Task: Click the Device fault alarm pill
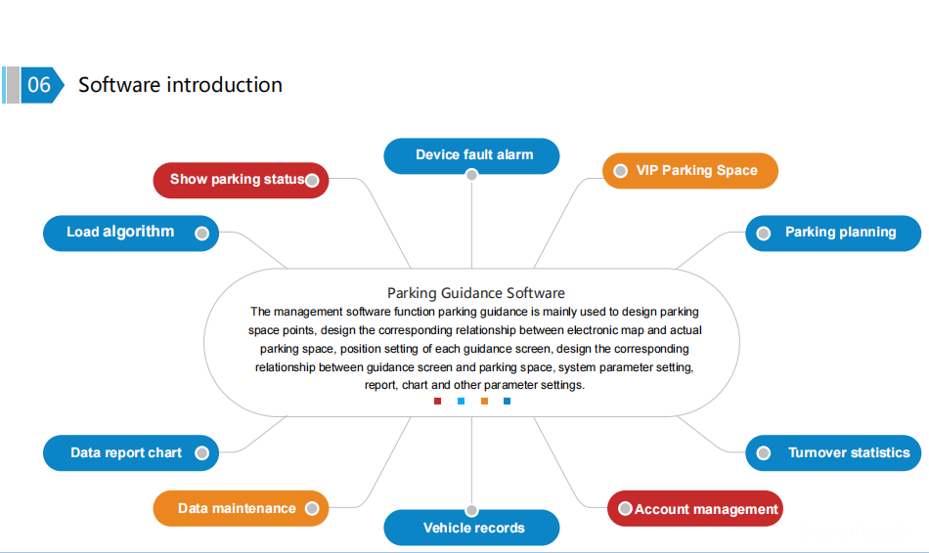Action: click(471, 155)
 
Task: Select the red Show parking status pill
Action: click(241, 180)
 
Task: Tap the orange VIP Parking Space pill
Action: click(690, 171)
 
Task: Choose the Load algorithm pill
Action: click(131, 233)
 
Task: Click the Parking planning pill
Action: click(833, 233)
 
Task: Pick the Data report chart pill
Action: click(131, 452)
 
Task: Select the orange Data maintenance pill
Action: click(241, 508)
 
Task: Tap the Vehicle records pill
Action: click(471, 528)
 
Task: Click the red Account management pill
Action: click(695, 509)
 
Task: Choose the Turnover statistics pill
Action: click(833, 452)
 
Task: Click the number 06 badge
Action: click(39, 85)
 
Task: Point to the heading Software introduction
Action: click(180, 85)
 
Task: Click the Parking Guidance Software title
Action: click(475, 293)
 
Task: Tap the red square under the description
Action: click(437, 401)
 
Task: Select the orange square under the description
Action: click(484, 401)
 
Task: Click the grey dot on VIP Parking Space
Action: click(620, 171)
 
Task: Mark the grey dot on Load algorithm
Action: click(201, 234)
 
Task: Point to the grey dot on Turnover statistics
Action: click(765, 452)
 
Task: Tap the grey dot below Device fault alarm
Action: click(471, 175)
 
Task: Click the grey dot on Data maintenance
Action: click(311, 508)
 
